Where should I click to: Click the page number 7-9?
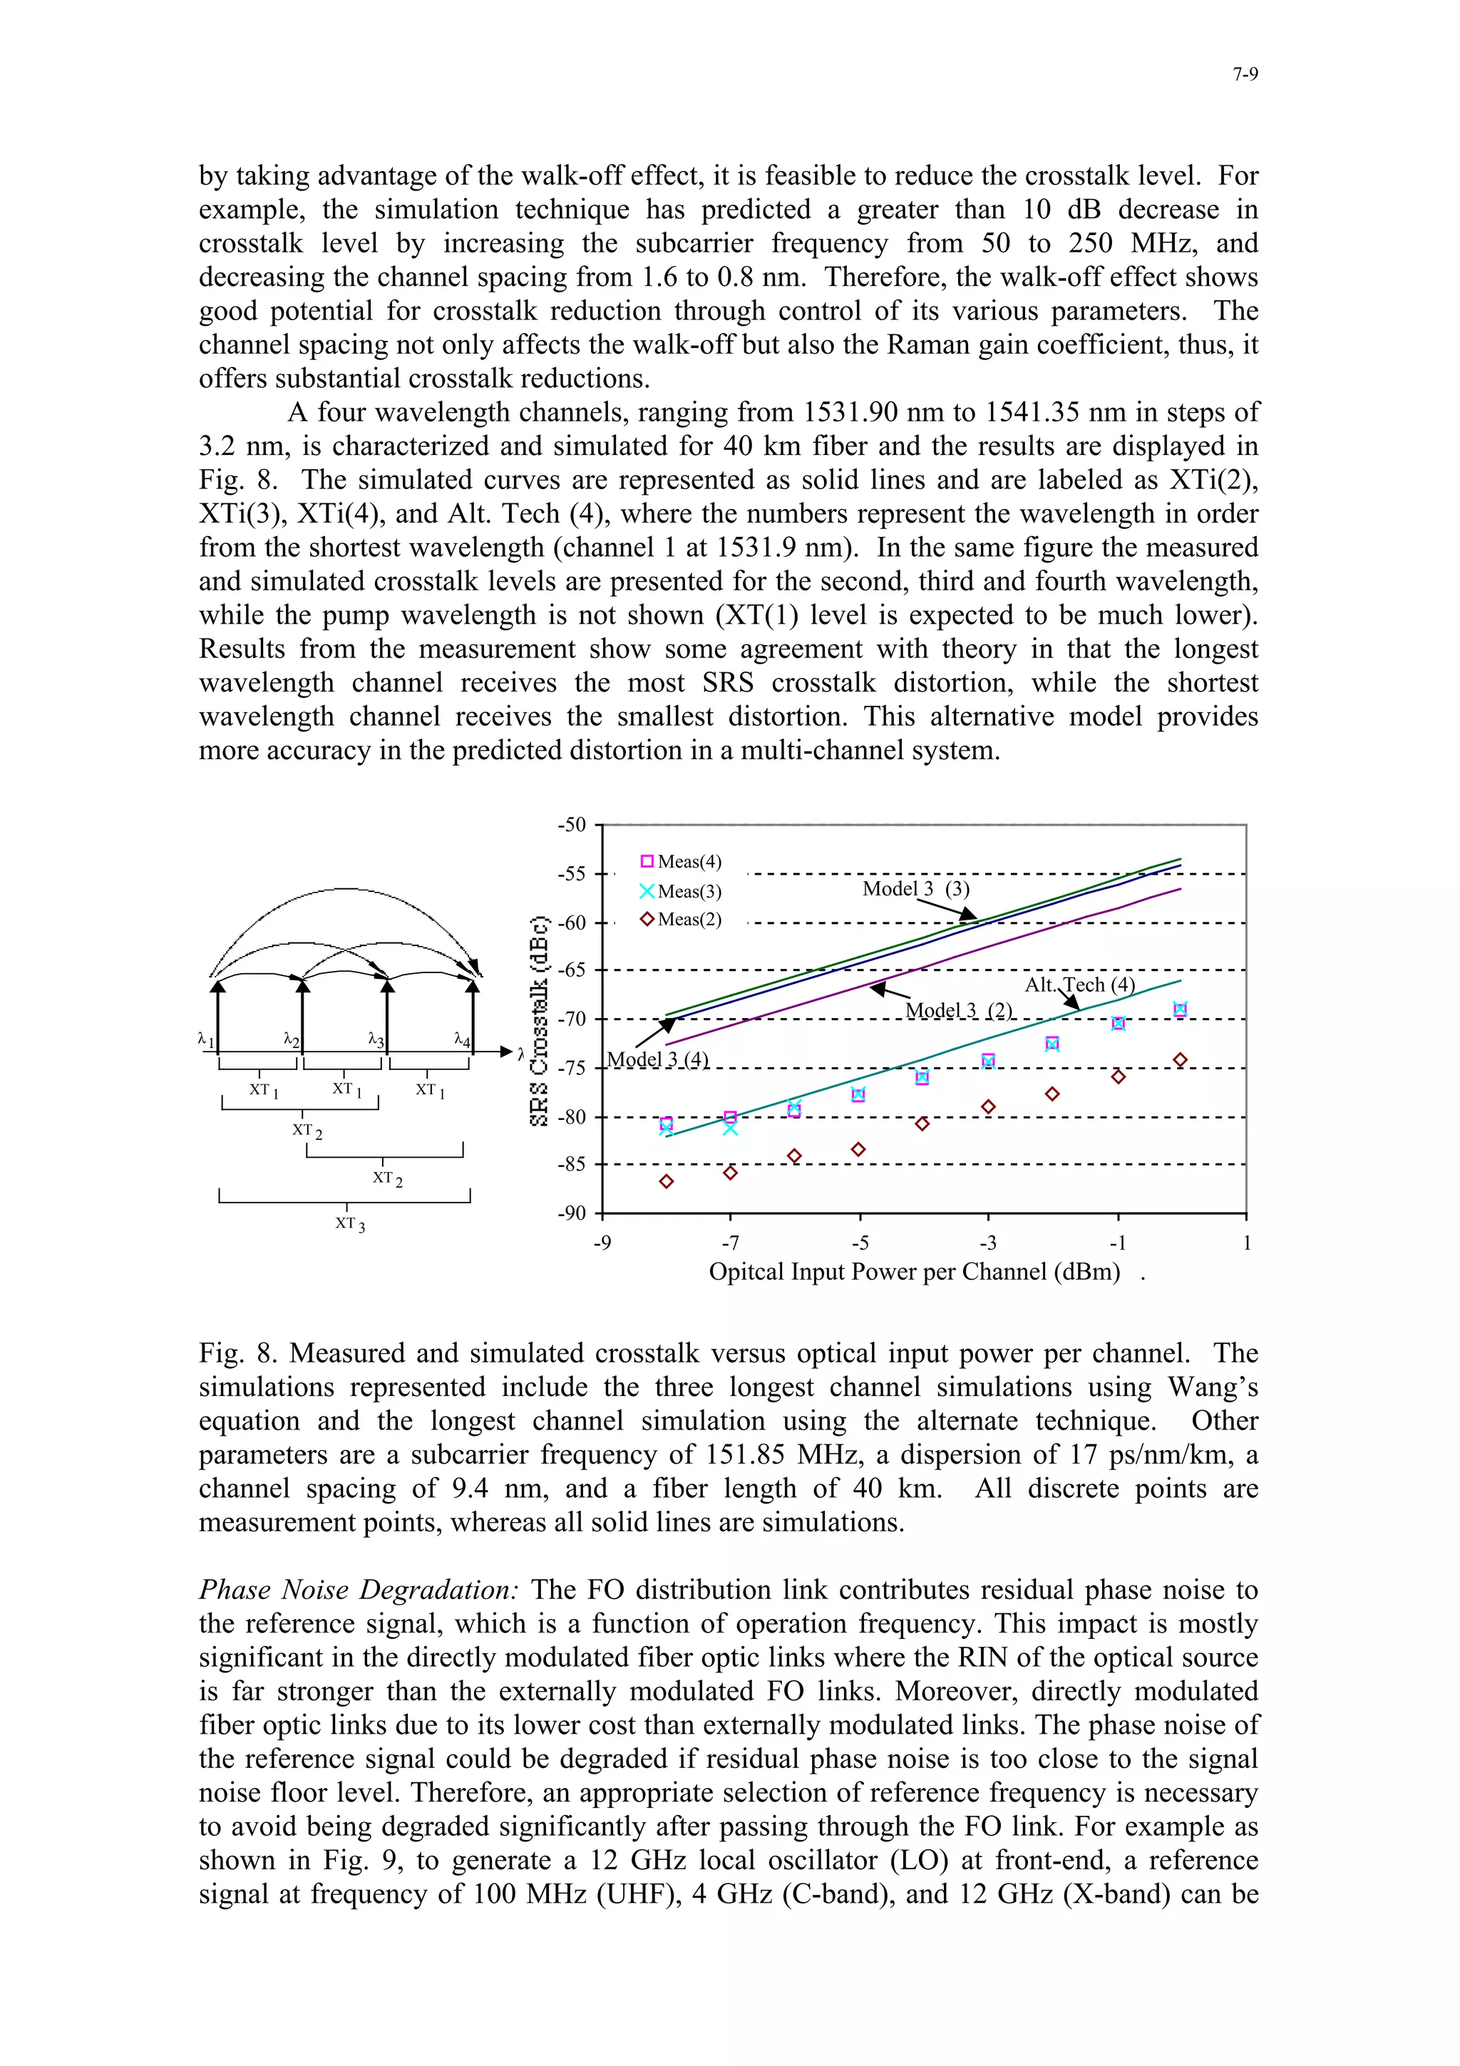[x=1244, y=75]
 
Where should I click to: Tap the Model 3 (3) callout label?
[x=916, y=889]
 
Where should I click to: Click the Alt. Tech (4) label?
[x=1079, y=985]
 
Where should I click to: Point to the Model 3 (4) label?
[x=657, y=1059]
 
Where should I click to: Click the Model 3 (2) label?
[x=959, y=1010]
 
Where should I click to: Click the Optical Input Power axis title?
[x=914, y=1273]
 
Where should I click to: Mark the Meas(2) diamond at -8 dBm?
[x=667, y=1181]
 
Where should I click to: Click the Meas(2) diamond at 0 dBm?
[x=1181, y=1060]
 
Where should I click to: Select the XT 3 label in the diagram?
[x=350, y=1224]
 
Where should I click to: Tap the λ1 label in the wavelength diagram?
[x=206, y=1040]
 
